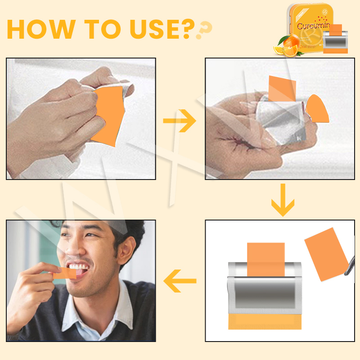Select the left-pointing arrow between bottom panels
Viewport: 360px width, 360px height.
pos(180,282)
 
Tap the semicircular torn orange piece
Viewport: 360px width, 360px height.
pos(317,109)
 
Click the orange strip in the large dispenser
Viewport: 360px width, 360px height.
pos(266,259)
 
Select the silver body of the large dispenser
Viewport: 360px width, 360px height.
pos(263,292)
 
